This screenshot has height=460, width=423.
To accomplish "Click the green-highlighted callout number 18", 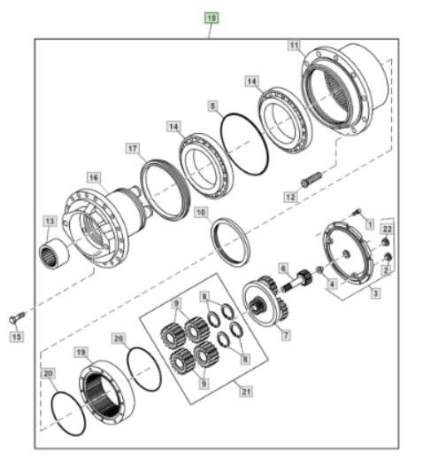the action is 211,19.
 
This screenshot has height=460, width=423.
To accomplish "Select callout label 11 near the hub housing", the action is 294,45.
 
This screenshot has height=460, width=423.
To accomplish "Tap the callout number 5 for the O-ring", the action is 213,105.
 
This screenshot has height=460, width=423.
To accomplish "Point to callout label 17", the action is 133,148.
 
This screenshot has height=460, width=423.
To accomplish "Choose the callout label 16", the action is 94,177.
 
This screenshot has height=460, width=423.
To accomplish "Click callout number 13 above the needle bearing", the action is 50,221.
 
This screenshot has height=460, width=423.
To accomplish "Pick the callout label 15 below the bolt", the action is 17,337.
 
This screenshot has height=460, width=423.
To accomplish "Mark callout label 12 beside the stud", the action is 290,197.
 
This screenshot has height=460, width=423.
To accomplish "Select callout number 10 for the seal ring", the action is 201,212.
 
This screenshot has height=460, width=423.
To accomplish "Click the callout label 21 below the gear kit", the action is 246,392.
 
